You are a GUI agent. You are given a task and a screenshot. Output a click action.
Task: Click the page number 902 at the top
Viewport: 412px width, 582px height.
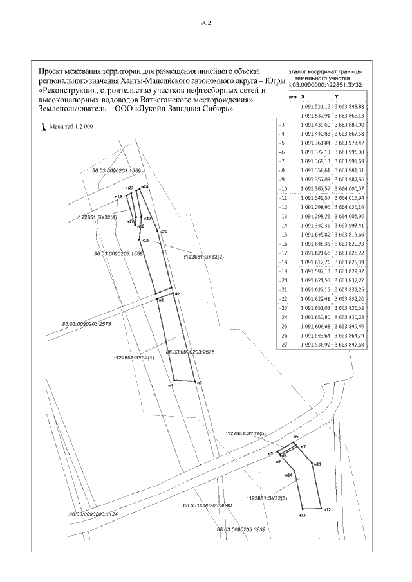(206, 22)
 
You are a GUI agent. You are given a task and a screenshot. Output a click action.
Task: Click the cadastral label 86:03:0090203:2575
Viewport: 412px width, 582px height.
(190, 352)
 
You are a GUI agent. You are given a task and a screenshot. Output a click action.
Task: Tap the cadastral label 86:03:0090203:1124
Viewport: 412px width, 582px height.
(93, 514)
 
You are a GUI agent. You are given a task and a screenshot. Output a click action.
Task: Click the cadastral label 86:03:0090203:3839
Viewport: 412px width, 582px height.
(241, 529)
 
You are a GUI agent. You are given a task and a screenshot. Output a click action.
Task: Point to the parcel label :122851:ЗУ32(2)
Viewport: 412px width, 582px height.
(204, 257)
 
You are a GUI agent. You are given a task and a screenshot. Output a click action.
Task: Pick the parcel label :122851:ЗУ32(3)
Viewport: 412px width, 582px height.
(267, 498)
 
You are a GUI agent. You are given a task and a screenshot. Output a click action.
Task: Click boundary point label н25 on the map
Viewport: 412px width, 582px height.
(164, 232)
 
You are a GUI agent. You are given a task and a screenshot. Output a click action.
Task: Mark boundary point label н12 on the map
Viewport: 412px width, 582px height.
(327, 509)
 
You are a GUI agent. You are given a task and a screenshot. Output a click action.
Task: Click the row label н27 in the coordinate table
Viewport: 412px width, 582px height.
(281, 345)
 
